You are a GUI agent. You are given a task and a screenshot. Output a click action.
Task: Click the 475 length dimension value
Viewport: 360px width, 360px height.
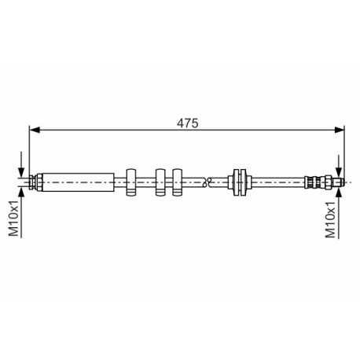pos(187,123)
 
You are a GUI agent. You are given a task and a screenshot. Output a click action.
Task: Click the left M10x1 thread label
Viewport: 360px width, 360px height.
pos(13,218)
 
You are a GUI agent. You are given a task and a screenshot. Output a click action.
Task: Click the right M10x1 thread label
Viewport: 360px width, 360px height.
pos(330,219)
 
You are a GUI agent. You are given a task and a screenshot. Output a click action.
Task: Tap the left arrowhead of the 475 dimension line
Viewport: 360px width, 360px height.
pos(35,130)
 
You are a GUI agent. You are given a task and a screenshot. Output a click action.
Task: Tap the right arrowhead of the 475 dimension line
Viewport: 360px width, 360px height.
pos(339,130)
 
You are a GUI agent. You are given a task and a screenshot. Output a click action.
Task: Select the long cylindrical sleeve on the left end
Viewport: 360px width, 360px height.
pos(78,182)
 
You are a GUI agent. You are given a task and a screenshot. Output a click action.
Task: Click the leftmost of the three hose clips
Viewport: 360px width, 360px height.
pos(131,182)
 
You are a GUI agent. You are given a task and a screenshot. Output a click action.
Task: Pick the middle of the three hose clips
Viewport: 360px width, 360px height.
pos(160,182)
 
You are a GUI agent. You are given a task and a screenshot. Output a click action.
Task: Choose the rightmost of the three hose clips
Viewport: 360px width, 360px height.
pos(178,182)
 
